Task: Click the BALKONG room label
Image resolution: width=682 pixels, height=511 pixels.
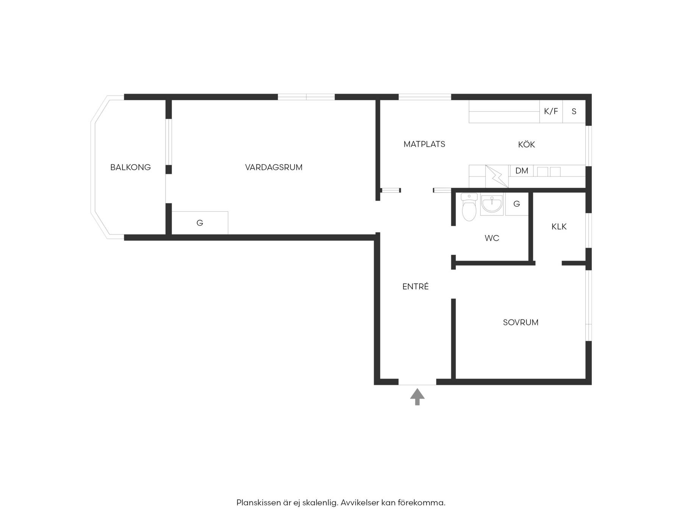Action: click(130, 167)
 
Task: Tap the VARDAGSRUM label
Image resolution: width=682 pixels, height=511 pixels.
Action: click(274, 167)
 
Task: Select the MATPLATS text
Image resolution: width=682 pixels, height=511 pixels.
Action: click(424, 144)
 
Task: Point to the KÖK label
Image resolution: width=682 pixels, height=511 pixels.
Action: click(526, 144)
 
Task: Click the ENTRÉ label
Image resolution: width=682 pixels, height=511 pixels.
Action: click(416, 287)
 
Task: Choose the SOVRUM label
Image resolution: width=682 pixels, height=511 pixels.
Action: click(521, 322)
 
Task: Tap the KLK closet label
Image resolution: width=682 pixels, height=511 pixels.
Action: click(559, 227)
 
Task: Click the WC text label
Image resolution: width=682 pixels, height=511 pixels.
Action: click(492, 238)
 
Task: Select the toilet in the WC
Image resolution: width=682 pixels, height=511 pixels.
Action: click(469, 207)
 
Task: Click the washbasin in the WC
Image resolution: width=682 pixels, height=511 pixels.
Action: click(492, 204)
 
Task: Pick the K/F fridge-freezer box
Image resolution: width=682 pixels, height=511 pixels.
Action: click(551, 111)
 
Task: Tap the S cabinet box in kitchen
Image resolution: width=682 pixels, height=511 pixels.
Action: click(574, 111)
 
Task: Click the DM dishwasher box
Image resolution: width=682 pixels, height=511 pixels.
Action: click(522, 171)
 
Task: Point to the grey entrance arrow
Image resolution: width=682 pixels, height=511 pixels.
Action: click(417, 397)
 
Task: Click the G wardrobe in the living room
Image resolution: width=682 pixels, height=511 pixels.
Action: click(200, 223)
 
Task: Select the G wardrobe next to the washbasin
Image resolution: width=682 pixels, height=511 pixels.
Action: click(516, 204)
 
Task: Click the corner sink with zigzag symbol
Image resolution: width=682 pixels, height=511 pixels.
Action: click(496, 176)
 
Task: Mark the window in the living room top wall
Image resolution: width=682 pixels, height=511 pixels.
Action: click(306, 97)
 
